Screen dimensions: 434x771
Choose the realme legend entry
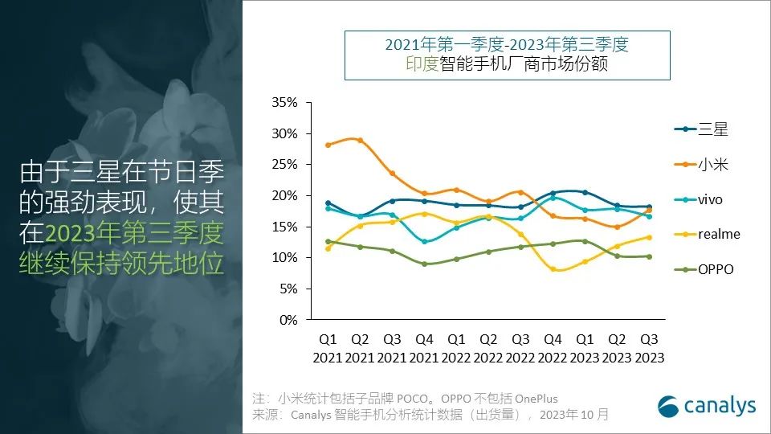pos(706,234)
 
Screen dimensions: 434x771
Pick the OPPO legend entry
pos(703,269)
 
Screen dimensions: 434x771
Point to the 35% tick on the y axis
pos(285,103)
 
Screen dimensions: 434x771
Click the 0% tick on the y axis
pos(288,320)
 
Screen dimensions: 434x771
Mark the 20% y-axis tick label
pos(285,196)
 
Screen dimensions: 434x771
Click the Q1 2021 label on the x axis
pos(327,348)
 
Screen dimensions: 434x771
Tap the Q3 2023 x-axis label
pos(648,348)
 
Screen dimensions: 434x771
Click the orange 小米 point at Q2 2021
pos(359,141)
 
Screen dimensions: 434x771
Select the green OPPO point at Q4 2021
pos(425,264)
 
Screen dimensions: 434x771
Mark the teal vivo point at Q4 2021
pos(425,241)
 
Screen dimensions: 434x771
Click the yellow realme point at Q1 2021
pos(327,248)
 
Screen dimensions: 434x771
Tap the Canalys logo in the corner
pos(707,406)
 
